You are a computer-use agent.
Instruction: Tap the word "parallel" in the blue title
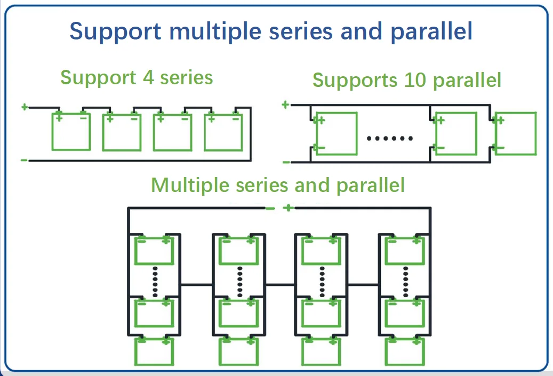tap(431, 31)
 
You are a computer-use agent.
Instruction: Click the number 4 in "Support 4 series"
tap(148, 77)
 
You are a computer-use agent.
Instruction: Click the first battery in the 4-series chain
tap(71, 131)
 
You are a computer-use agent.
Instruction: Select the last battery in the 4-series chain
tap(223, 131)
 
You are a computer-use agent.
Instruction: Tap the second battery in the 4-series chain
tap(121, 131)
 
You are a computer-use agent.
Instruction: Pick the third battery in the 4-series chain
tap(172, 131)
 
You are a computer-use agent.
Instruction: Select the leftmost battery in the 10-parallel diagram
tap(336, 133)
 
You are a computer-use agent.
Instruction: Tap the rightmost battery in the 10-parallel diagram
tap(515, 133)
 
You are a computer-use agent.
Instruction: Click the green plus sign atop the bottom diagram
tap(288, 207)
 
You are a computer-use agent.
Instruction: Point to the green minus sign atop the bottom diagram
tap(270, 208)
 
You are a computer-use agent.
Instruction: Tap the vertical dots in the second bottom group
tap(239, 282)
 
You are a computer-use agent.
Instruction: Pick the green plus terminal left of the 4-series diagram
tap(24, 107)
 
